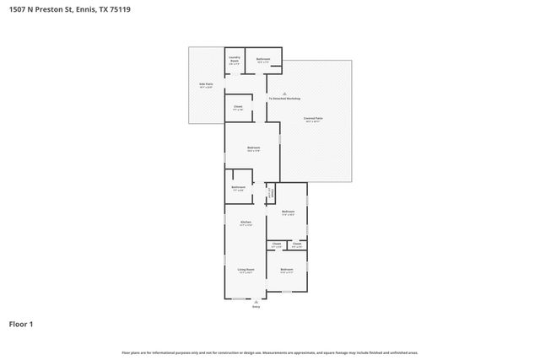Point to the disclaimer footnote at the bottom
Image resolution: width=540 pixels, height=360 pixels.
pyautogui.click(x=269, y=352)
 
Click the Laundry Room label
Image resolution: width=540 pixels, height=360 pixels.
pyautogui.click(x=235, y=60)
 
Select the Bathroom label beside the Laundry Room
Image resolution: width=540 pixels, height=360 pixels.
pyautogui.click(x=263, y=60)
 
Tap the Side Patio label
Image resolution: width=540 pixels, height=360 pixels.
pyautogui.click(x=206, y=85)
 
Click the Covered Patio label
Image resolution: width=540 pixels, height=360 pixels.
pyautogui.click(x=313, y=120)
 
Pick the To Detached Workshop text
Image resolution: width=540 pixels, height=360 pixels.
pyautogui.click(x=284, y=99)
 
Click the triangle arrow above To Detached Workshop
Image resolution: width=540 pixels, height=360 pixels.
pyautogui.click(x=284, y=93)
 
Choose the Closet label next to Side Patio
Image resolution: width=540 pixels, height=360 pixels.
pyautogui.click(x=238, y=108)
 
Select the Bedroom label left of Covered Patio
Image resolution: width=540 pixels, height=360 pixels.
pyautogui.click(x=254, y=149)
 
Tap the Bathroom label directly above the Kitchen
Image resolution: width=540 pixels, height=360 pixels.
pyautogui.click(x=239, y=188)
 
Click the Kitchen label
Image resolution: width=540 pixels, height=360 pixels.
pyautogui.click(x=246, y=223)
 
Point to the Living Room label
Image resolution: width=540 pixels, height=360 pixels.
pyautogui.click(x=246, y=271)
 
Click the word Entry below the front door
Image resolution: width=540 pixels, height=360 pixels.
pyautogui.click(x=256, y=307)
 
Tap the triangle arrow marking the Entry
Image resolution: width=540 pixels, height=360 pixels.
pyautogui.click(x=256, y=302)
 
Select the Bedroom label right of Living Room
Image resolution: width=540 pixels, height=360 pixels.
pyautogui.click(x=287, y=271)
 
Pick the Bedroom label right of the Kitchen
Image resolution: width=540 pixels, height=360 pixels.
pyautogui.click(x=288, y=212)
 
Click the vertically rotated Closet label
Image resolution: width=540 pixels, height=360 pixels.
pyautogui.click(x=270, y=194)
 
